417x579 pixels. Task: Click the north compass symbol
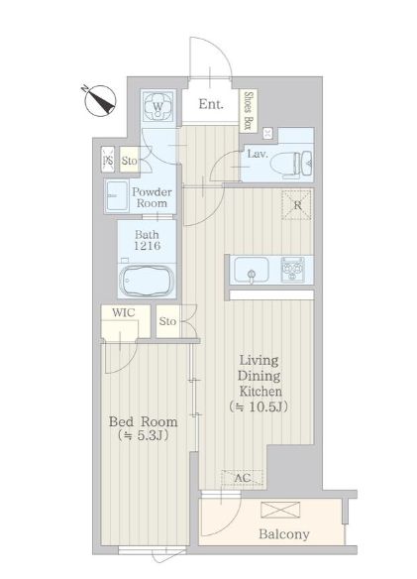click(100, 100)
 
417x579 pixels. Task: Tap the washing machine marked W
click(157, 107)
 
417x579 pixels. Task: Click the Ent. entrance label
click(211, 104)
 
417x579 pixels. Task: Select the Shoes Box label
click(249, 110)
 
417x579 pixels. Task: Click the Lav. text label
click(258, 154)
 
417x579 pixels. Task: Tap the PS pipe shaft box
click(108, 160)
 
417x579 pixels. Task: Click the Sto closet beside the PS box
click(129, 160)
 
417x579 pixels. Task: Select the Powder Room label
click(152, 197)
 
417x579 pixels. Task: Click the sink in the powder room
click(117, 195)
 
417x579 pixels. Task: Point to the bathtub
click(148, 281)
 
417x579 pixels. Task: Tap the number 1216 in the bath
click(147, 246)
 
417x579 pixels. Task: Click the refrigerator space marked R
click(297, 204)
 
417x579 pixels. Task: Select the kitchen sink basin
click(252, 271)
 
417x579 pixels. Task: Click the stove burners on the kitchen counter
click(292, 270)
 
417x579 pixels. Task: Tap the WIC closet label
click(123, 312)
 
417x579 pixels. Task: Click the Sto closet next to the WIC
click(167, 321)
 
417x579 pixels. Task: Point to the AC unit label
click(243, 478)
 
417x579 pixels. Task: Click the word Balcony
click(284, 534)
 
